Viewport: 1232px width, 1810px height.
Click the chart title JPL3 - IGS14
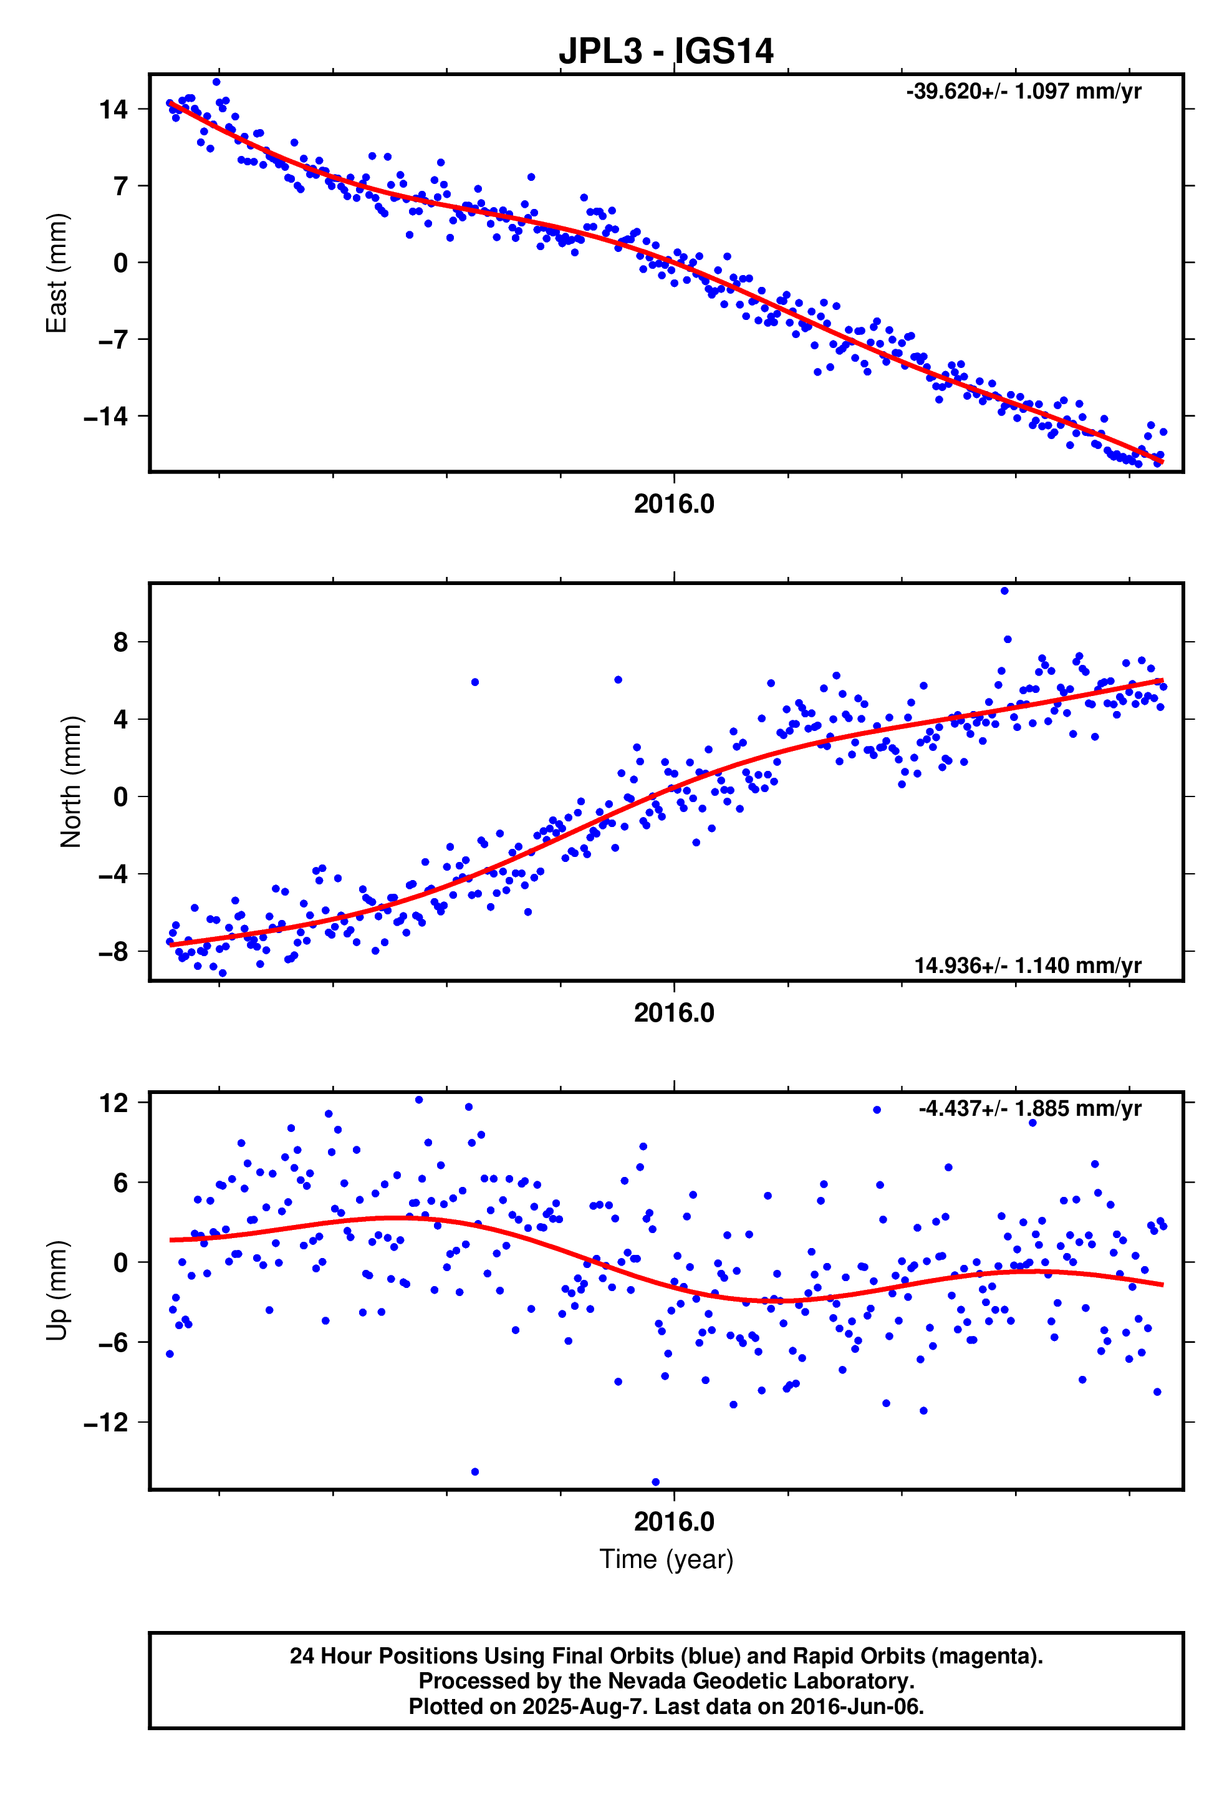(666, 51)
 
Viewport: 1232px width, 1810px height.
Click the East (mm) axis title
(56, 273)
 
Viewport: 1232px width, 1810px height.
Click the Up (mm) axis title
(56, 1290)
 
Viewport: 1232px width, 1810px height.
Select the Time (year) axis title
(666, 1559)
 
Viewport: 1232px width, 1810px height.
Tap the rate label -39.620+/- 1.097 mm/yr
(1023, 91)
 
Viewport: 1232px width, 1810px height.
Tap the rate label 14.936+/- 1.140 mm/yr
(1027, 965)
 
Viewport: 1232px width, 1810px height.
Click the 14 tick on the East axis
(113, 109)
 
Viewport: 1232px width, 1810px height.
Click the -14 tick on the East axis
(106, 417)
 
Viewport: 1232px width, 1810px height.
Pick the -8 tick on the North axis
(113, 952)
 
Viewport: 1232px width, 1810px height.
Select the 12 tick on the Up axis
(113, 1103)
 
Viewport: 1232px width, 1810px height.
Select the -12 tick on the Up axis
(106, 1423)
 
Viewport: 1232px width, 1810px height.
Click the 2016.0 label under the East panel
(673, 505)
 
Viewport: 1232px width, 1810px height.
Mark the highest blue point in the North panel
(1004, 591)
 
